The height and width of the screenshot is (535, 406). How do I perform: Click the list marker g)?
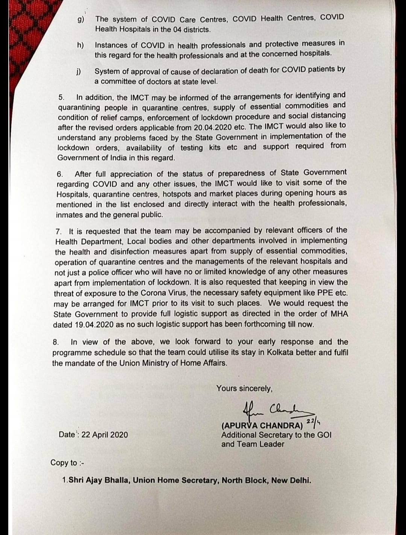(81, 20)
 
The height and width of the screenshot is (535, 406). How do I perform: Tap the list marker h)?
(80, 45)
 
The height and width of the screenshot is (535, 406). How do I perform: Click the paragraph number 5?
(61, 97)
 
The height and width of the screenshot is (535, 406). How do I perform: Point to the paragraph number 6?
(59, 174)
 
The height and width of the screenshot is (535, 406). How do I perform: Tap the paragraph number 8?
(56, 342)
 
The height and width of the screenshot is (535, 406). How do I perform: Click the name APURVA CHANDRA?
(263, 426)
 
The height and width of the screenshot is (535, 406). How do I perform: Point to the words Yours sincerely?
(244, 388)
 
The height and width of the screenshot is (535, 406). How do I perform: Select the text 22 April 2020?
(105, 435)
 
